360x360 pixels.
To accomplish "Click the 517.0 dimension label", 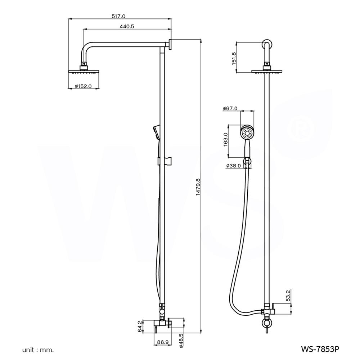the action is (x=118, y=16).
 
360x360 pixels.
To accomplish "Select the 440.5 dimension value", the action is (x=127, y=26).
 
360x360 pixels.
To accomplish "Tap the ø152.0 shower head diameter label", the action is (x=83, y=86).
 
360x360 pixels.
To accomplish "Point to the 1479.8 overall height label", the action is (x=198, y=187).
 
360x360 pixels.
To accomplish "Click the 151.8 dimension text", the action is (x=234, y=59).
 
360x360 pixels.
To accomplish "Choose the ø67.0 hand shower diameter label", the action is (x=230, y=108).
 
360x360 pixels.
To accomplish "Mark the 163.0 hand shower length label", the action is (x=225, y=139).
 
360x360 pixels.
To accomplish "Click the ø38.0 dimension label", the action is (x=233, y=166).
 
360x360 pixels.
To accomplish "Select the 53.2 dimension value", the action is (x=288, y=296).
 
